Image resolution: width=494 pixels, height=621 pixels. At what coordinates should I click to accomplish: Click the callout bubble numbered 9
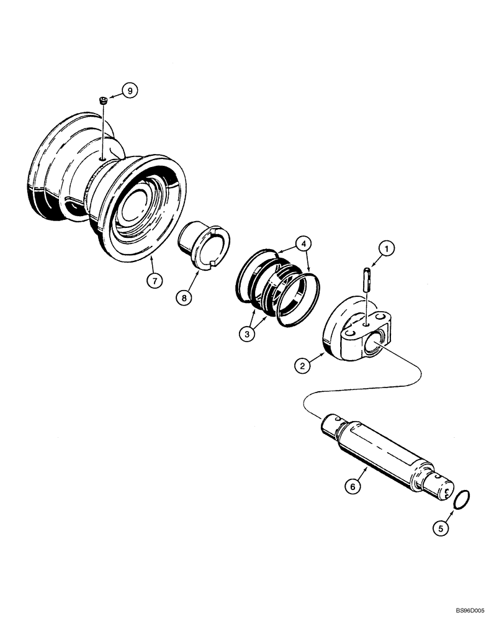click(x=129, y=91)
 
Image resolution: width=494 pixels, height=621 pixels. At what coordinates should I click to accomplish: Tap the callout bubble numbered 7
click(x=155, y=280)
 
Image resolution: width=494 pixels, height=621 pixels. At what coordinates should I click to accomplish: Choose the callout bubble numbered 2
click(x=303, y=366)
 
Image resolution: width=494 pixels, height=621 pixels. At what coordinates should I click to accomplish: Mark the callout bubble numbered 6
click(x=352, y=487)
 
